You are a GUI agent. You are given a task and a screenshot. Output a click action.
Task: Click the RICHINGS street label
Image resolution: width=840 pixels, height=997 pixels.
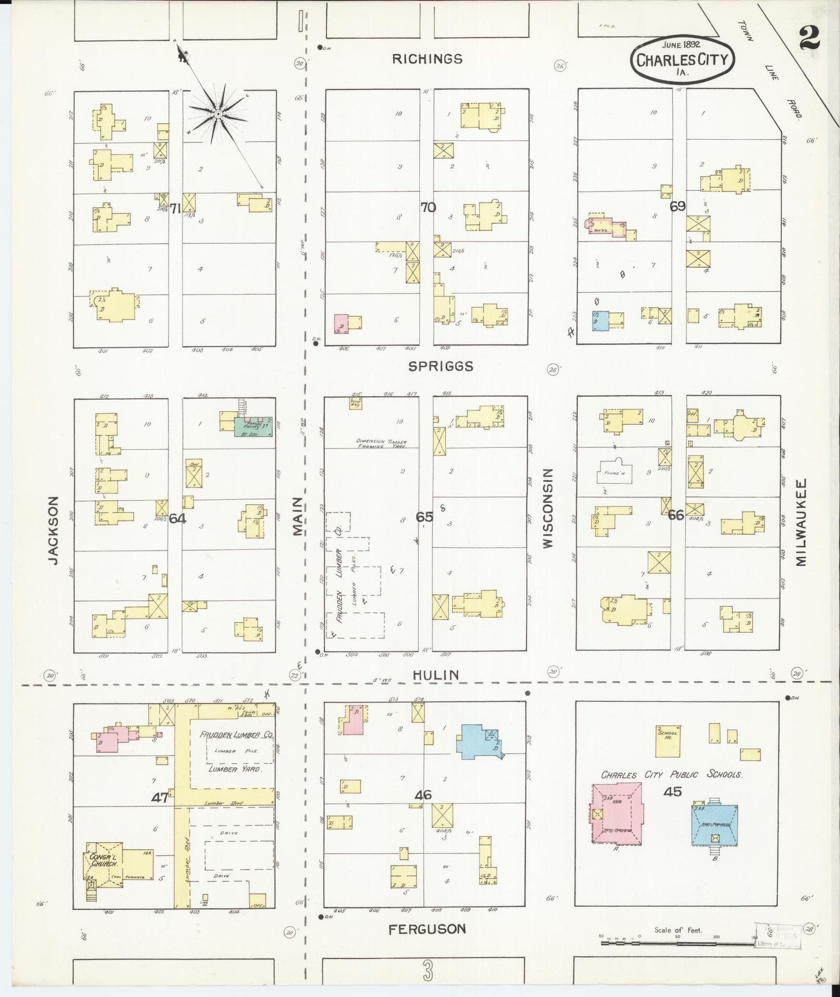427,59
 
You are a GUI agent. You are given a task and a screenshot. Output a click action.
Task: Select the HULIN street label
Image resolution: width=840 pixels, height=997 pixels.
436,675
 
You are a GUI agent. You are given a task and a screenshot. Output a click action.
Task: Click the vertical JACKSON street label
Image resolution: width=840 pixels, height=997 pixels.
54,530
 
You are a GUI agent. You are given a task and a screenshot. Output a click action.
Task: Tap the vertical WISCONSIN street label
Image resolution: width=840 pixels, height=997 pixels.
547,508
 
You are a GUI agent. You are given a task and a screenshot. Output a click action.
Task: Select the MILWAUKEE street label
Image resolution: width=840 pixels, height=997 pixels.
802,522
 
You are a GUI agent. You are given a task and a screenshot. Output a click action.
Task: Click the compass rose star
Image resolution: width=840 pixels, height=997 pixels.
217,114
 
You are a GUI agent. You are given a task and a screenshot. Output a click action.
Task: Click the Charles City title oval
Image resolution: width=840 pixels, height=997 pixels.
682,60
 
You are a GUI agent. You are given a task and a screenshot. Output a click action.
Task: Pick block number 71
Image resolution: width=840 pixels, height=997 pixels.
175,209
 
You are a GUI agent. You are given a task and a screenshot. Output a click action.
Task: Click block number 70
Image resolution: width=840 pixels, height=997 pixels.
428,206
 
